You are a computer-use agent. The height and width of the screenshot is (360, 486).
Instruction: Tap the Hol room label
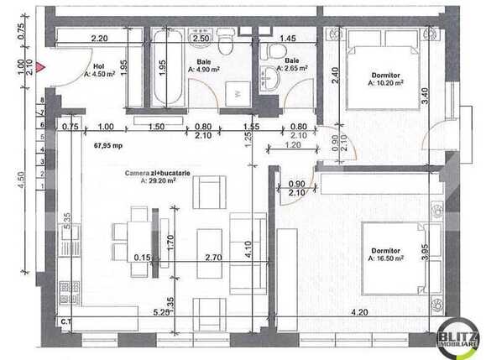[x=98, y=65]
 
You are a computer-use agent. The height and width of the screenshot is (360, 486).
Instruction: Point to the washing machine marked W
[x=238, y=93]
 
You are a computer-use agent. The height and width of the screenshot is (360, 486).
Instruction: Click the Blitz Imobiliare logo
[x=457, y=337]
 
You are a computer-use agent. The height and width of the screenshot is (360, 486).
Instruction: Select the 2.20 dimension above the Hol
[x=99, y=39]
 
